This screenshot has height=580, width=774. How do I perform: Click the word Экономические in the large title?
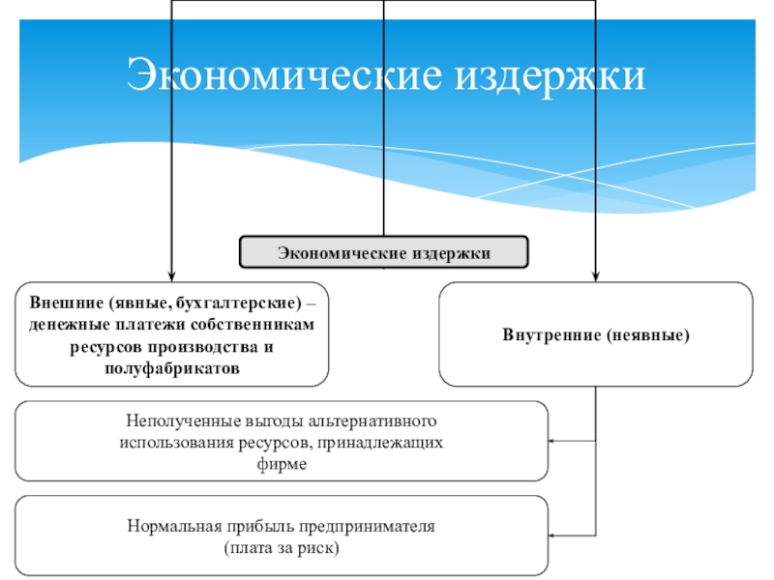284,74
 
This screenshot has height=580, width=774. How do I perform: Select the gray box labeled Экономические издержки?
383,252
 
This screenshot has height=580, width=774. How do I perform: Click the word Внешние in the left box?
66,302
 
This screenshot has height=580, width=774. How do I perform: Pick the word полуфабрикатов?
172,368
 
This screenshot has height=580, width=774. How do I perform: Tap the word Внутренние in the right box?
551,334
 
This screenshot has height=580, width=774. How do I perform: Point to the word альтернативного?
372,420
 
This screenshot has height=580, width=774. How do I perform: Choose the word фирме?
282,464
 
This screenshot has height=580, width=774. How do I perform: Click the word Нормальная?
174,526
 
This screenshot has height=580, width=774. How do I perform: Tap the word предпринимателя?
367,527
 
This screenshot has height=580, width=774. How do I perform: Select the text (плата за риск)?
282,548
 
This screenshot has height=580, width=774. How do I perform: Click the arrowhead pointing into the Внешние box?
171,276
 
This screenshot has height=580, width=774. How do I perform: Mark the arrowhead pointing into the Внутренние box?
596,276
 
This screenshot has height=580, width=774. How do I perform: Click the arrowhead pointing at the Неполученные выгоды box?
551,441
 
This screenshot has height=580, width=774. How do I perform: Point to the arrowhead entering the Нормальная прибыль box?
551,536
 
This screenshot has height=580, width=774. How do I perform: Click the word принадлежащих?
379,443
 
